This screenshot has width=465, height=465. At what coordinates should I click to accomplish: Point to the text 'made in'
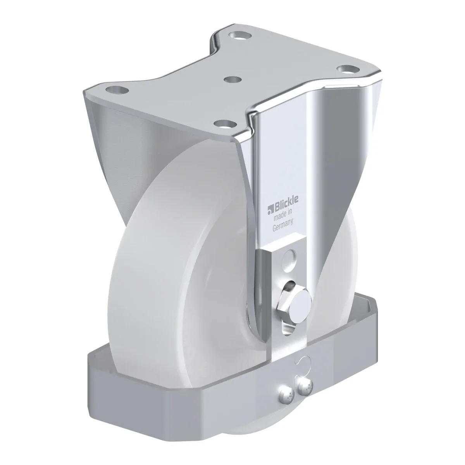point(283,215)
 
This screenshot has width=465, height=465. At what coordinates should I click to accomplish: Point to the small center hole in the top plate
point(232,79)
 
